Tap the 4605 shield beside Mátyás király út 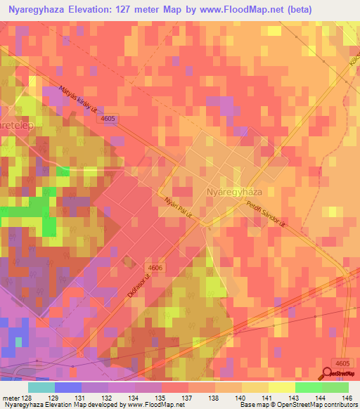108,120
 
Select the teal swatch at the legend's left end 41,387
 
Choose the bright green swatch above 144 308,387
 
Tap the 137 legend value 187,397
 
